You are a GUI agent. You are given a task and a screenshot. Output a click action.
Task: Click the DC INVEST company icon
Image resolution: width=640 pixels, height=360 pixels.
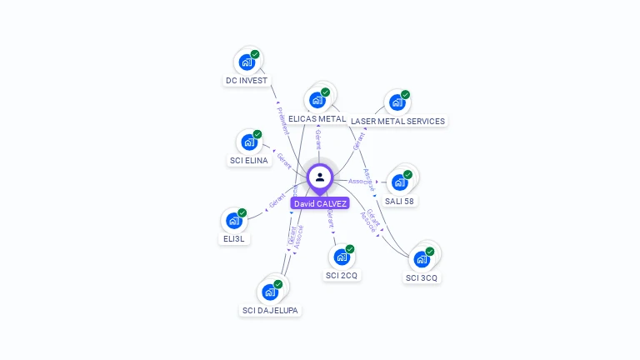[x=246, y=62]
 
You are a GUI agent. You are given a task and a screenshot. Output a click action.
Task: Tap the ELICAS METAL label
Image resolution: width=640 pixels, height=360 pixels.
[x=317, y=119]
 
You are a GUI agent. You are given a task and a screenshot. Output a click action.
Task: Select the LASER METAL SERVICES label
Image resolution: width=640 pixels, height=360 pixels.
[x=397, y=122]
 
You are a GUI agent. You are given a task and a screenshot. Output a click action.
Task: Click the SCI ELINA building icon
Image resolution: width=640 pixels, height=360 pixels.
[x=248, y=142]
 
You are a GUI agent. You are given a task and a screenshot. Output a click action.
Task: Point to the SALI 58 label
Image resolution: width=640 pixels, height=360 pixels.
[x=399, y=201]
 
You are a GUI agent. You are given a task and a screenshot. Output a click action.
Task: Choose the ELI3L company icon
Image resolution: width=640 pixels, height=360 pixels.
[x=233, y=221]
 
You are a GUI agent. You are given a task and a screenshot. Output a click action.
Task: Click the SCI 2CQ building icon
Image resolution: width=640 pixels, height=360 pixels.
[x=341, y=257]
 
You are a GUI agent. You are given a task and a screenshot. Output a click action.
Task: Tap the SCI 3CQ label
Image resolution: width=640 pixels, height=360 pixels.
[x=421, y=277]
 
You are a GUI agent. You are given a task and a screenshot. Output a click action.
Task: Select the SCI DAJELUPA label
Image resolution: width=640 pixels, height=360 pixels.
[x=269, y=311]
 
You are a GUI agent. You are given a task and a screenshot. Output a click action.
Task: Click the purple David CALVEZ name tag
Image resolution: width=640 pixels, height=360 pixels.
[x=320, y=203]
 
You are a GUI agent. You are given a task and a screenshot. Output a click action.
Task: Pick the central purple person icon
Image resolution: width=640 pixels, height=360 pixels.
[x=320, y=177]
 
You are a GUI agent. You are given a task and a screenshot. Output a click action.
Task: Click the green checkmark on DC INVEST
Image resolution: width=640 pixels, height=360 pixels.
[x=255, y=54]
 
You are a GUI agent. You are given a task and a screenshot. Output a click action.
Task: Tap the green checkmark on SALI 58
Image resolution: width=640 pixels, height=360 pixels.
[x=407, y=175]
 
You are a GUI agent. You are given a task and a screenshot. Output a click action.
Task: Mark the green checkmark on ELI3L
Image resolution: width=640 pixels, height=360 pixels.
[x=242, y=213]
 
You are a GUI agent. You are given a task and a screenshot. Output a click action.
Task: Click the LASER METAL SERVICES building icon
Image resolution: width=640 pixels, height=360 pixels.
[x=397, y=102]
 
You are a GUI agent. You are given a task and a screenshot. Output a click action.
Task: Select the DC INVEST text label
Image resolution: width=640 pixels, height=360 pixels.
[x=246, y=81]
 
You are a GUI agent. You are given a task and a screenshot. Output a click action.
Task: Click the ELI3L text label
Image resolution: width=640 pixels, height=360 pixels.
[x=233, y=239]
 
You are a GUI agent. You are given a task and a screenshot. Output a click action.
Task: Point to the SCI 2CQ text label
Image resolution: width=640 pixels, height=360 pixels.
[x=342, y=276]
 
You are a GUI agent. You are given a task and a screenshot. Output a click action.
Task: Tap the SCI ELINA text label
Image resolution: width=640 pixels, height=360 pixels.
[x=249, y=161]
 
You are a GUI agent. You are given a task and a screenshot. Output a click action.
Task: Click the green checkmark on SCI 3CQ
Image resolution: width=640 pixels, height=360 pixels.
[x=430, y=252]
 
